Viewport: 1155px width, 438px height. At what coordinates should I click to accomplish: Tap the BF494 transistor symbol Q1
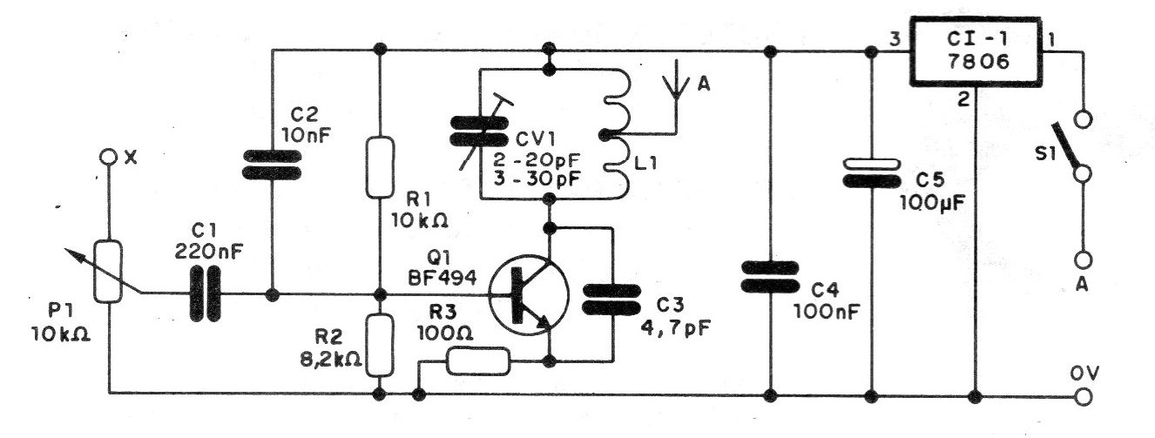529,294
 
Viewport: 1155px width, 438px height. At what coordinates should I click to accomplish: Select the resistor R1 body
380,167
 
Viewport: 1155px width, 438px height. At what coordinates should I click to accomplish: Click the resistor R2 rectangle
380,345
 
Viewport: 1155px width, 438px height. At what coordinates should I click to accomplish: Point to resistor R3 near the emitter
478,361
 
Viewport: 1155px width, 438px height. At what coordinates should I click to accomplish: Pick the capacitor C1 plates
206,294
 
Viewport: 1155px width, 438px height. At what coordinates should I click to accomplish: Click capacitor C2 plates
272,165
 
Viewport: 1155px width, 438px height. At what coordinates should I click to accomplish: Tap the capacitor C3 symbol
611,300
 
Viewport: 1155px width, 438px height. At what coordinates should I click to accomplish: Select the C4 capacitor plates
770,277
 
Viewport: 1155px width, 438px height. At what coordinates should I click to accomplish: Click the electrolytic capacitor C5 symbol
871,172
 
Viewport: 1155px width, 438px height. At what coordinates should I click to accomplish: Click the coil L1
617,133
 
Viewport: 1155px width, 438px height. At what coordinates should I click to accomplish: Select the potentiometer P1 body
108,271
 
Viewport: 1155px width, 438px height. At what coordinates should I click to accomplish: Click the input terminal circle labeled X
108,157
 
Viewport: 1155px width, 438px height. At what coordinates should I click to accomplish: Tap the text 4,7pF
675,327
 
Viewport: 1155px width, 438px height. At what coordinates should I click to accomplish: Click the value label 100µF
933,203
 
